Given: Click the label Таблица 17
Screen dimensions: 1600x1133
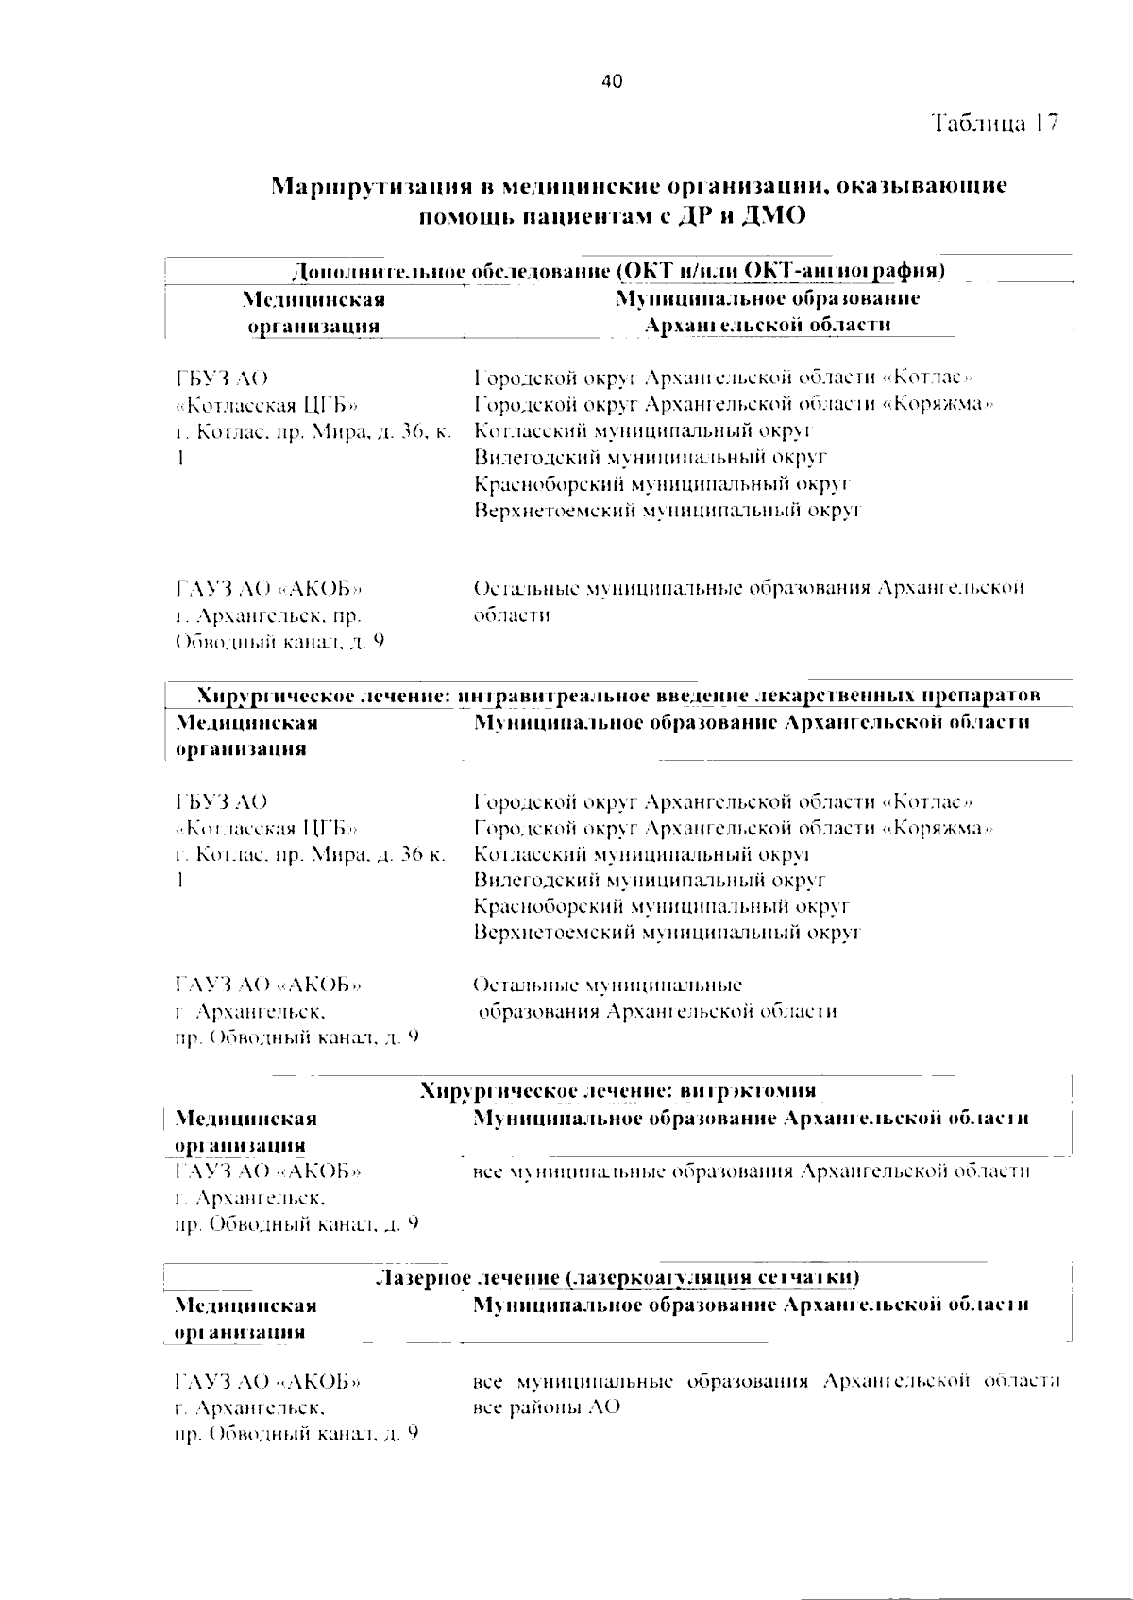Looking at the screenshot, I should tap(994, 124).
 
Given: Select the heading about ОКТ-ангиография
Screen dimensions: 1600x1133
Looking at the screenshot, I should tap(618, 273).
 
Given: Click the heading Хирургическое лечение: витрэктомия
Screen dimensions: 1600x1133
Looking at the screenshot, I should tap(617, 1091).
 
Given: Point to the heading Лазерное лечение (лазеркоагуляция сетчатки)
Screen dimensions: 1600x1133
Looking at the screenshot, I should tap(617, 1278).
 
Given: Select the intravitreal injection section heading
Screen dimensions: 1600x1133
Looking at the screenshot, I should tap(618, 697).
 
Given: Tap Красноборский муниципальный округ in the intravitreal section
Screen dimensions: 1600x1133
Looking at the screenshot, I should tap(662, 906).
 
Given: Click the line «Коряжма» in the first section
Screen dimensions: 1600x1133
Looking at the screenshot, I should tap(736, 406).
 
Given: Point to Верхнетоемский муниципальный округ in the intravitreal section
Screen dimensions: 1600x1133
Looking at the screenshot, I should tap(667, 933).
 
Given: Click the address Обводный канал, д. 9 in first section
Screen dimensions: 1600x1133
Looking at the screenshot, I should tap(280, 644).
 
